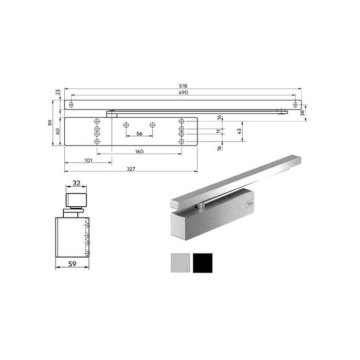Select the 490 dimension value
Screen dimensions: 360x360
(x=184, y=93)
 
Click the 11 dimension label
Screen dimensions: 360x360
(x=218, y=132)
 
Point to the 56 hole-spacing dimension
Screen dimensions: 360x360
(x=139, y=134)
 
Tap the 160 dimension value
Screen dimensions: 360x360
(x=139, y=152)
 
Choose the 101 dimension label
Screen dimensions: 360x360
(x=88, y=160)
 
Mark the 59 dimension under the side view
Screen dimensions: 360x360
(x=73, y=264)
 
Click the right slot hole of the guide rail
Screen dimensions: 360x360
(x=295, y=104)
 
